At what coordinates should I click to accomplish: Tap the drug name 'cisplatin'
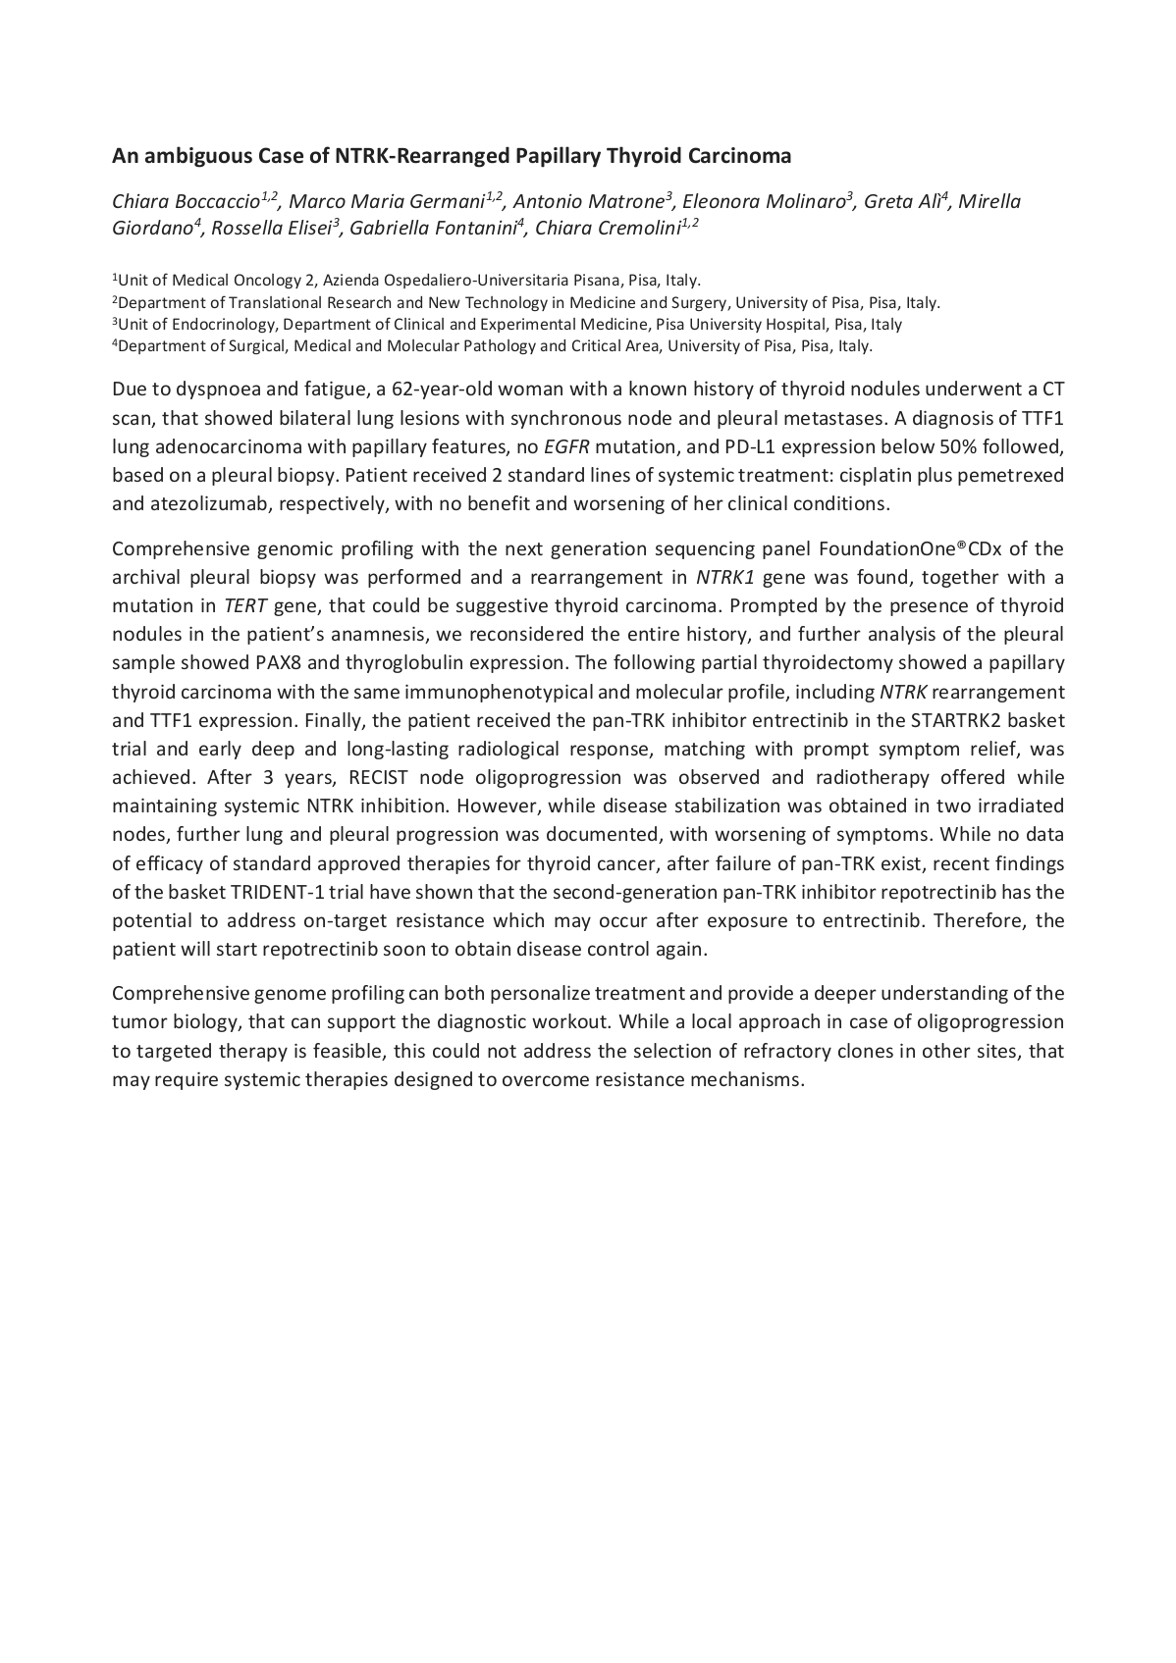(x=863, y=476)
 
